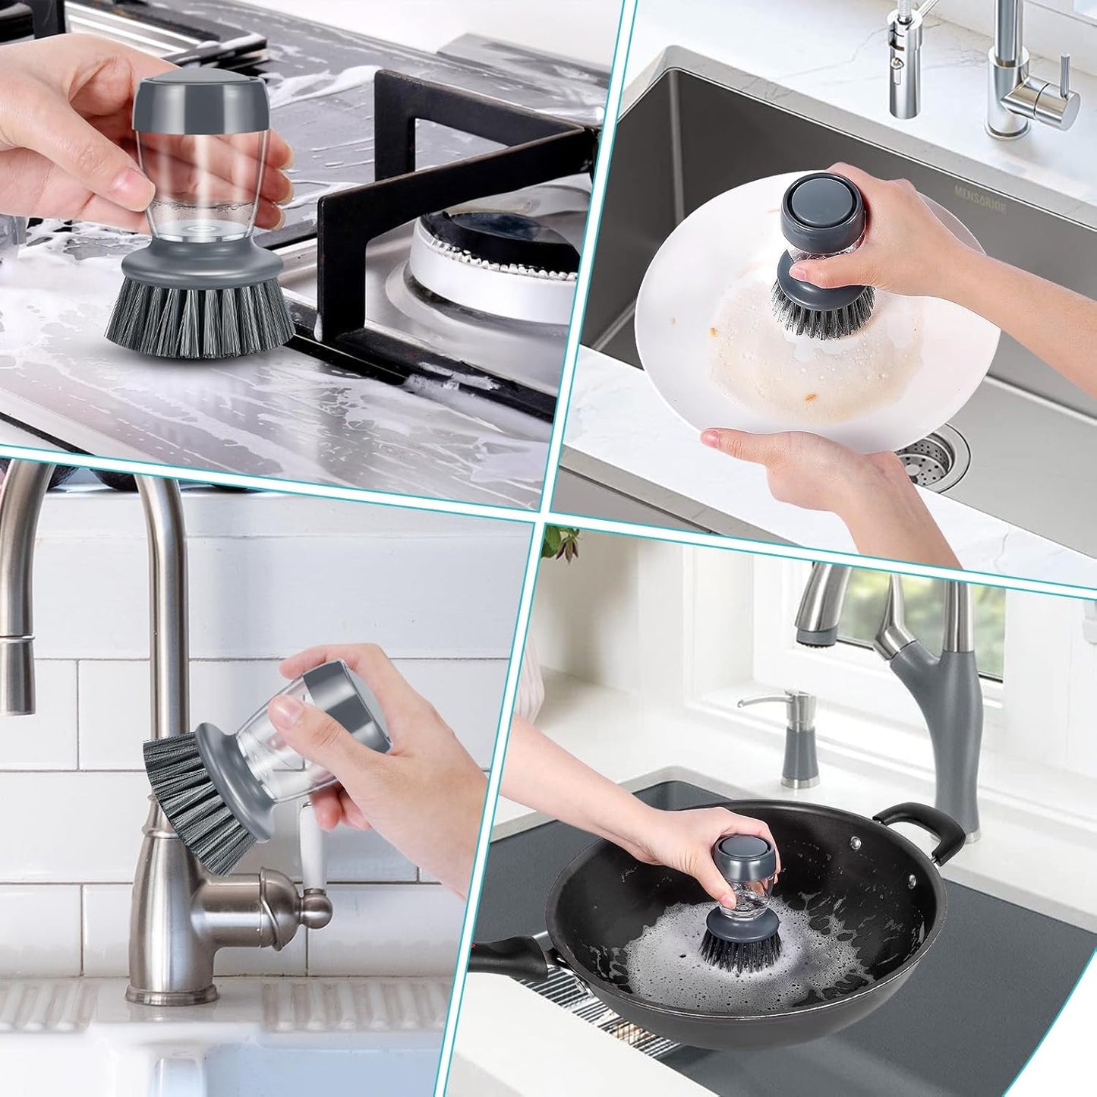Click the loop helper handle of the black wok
[x=922, y=827]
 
